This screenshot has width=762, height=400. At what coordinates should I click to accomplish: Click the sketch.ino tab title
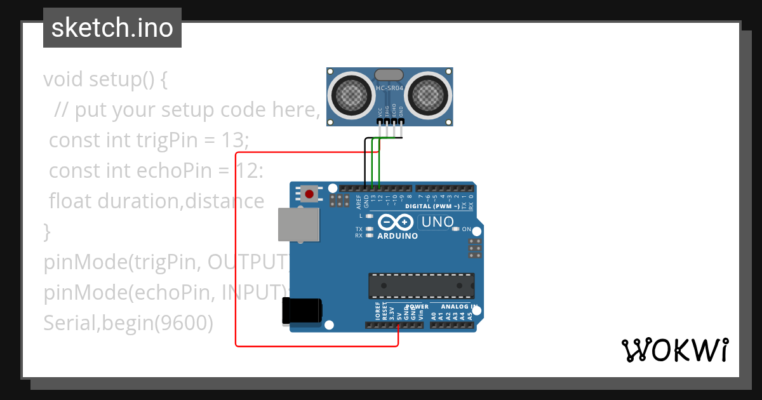click(112, 28)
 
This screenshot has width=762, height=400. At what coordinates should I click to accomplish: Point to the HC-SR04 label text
click(389, 89)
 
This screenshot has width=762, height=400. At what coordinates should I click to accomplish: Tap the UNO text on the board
click(438, 222)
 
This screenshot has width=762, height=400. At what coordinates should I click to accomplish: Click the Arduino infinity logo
click(396, 222)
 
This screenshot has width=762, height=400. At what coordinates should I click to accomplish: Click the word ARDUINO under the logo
click(398, 236)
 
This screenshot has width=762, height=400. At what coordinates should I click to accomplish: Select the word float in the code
click(70, 201)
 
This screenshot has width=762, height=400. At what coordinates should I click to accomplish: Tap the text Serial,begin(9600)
click(128, 323)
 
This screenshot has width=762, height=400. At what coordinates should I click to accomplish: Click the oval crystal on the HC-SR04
click(389, 76)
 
